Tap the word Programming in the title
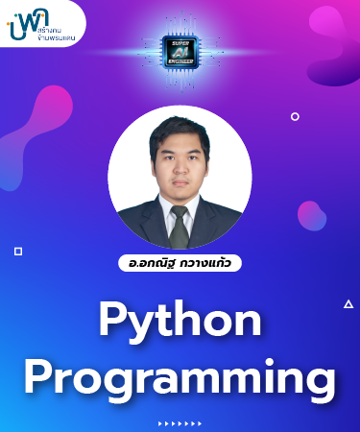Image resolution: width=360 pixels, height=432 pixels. (180, 375)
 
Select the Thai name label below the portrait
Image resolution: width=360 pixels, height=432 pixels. (180, 262)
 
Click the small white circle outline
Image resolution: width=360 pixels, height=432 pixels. (295, 116)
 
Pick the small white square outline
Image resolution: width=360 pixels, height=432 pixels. (17, 251)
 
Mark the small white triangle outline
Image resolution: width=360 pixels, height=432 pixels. (348, 304)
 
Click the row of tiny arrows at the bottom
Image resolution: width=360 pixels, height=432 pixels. (180, 423)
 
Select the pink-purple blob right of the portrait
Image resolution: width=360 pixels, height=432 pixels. (311, 214)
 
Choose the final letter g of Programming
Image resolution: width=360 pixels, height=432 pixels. (322, 380)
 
